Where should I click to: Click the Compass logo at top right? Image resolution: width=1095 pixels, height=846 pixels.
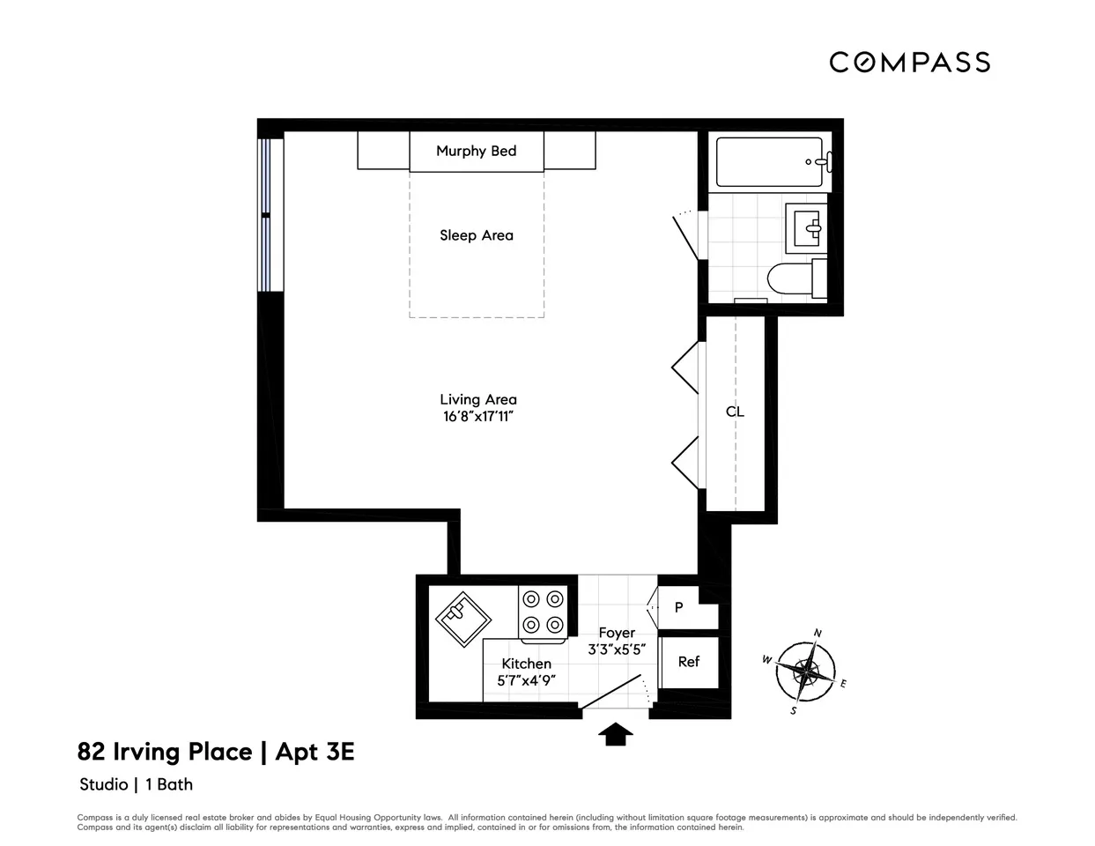(909, 62)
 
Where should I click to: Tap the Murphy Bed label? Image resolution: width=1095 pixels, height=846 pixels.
(476, 151)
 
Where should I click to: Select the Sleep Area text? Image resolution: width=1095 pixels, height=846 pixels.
(476, 235)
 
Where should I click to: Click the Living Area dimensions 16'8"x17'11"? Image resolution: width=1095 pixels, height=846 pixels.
(477, 417)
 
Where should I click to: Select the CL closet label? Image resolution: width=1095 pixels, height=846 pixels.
(735, 412)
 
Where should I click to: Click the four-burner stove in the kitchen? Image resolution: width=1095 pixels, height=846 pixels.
(543, 612)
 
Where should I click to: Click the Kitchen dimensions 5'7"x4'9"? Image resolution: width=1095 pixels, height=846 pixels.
(526, 680)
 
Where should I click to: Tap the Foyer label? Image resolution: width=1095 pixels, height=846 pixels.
(617, 633)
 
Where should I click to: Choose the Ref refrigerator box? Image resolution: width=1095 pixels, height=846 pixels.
(689, 662)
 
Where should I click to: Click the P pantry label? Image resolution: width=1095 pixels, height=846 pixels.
(679, 608)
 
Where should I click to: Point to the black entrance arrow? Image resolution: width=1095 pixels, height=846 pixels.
(617, 733)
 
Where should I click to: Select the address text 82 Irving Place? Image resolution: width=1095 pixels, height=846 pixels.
(165, 752)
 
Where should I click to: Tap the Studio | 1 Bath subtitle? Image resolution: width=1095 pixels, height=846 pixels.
(136, 784)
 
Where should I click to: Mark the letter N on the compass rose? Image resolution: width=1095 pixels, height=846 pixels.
(818, 633)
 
